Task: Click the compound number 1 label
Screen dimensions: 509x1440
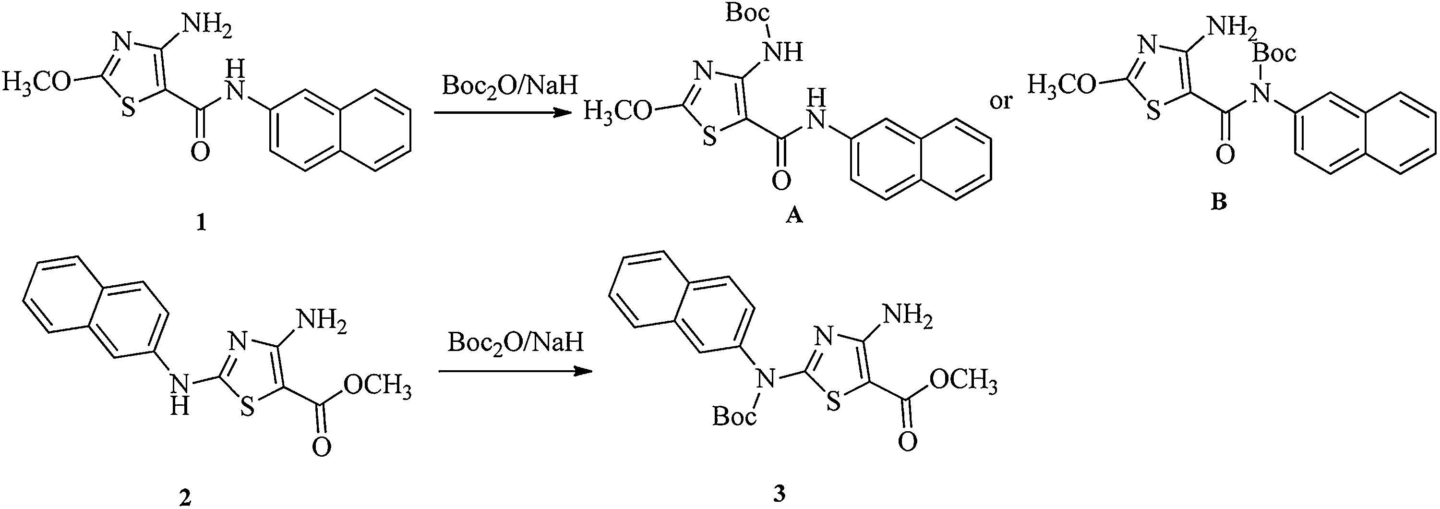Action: pyautogui.click(x=201, y=223)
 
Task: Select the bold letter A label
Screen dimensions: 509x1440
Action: pyautogui.click(x=794, y=215)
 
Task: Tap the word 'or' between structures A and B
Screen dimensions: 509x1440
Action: pyautogui.click(x=1001, y=101)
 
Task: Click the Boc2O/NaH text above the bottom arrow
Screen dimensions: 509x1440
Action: pyautogui.click(x=516, y=342)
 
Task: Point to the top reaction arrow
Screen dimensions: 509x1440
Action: pyautogui.click(x=503, y=113)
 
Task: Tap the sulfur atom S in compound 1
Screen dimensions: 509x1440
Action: pyautogui.click(x=129, y=108)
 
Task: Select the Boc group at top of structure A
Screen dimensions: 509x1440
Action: pyautogui.click(x=748, y=13)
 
